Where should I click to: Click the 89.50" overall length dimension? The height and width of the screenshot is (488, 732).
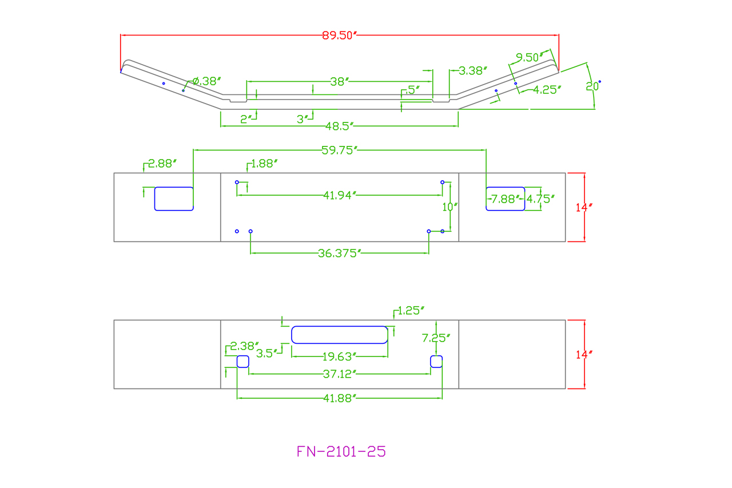(x=339, y=35)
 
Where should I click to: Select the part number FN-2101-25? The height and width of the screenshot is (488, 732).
(x=341, y=451)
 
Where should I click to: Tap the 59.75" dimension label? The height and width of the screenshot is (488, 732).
(x=340, y=150)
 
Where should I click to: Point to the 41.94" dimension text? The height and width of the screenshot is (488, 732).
(x=340, y=196)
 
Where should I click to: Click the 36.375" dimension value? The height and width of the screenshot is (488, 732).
(x=340, y=253)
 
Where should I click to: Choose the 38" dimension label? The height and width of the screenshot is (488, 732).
(x=339, y=82)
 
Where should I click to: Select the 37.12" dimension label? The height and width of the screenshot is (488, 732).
(x=340, y=374)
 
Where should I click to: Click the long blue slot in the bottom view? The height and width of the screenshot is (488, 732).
(x=340, y=335)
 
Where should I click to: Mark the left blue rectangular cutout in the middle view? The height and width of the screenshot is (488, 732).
(x=174, y=199)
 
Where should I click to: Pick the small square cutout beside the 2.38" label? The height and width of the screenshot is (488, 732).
(x=243, y=361)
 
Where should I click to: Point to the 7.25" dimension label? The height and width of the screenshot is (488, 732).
(x=436, y=338)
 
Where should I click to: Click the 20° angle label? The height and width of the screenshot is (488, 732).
(x=592, y=86)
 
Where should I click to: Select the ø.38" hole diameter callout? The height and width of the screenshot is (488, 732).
(x=206, y=81)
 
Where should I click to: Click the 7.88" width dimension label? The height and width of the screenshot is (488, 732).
(x=504, y=199)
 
